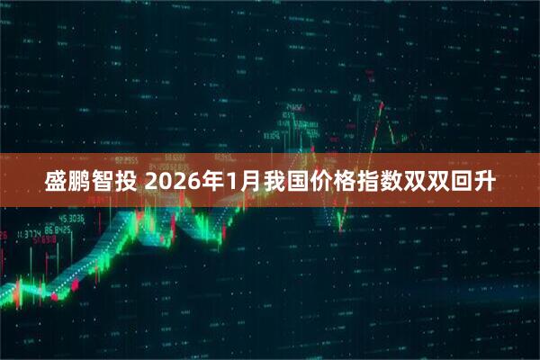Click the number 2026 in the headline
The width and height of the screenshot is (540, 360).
point(173,183)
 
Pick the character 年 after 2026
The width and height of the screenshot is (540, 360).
point(213,183)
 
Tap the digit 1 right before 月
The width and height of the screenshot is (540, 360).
point(232,183)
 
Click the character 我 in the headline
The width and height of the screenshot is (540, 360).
point(274,183)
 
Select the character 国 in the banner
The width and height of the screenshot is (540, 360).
point(299,183)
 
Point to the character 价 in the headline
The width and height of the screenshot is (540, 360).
point(324,183)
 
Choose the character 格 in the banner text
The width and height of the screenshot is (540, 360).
point(349,183)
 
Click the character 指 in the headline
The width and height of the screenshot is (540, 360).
point(374,183)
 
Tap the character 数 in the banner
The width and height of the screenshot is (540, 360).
point(400,183)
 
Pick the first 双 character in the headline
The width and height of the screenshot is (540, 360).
point(425,183)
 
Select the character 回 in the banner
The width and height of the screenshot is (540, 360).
point(475,183)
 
